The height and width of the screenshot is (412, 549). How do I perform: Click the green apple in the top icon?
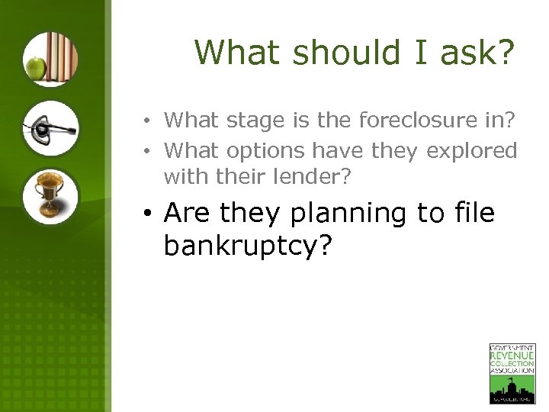tap(35, 69)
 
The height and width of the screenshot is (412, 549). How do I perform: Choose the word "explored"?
tap(471, 151)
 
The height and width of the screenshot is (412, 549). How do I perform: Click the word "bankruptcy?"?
tap(249, 246)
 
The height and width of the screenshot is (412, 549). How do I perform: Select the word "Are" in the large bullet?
tap(186, 213)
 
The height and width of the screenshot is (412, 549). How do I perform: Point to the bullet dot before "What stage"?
tap(153, 121)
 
